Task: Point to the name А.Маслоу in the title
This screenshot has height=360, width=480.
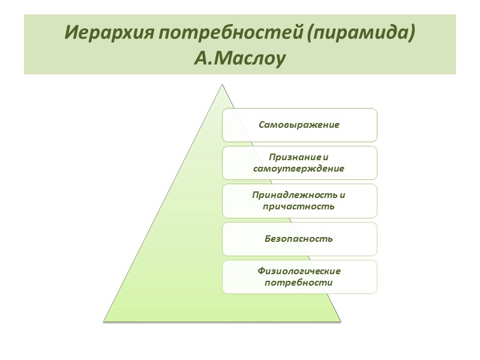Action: coord(240,59)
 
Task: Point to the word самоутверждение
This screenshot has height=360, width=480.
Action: coord(299,169)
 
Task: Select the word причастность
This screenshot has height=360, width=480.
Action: coord(299,206)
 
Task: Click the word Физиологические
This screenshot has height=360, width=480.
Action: coord(299,271)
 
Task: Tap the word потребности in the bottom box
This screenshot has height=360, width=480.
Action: coord(299,282)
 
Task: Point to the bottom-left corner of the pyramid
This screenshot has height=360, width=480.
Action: coord(104,320)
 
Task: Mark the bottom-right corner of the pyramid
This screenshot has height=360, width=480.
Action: coord(340,320)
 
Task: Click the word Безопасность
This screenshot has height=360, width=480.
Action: coord(299,239)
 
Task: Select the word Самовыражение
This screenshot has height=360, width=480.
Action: coord(299,125)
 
